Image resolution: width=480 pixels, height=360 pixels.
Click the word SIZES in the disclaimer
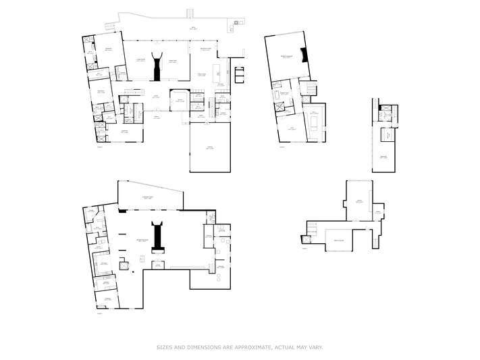click(164, 347)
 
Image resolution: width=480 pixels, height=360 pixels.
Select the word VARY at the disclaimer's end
click(316, 347)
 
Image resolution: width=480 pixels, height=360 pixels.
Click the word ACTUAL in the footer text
click(284, 347)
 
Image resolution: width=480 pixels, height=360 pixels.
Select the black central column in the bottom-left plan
click(157, 236)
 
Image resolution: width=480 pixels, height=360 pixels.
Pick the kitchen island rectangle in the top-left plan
click(217, 72)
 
